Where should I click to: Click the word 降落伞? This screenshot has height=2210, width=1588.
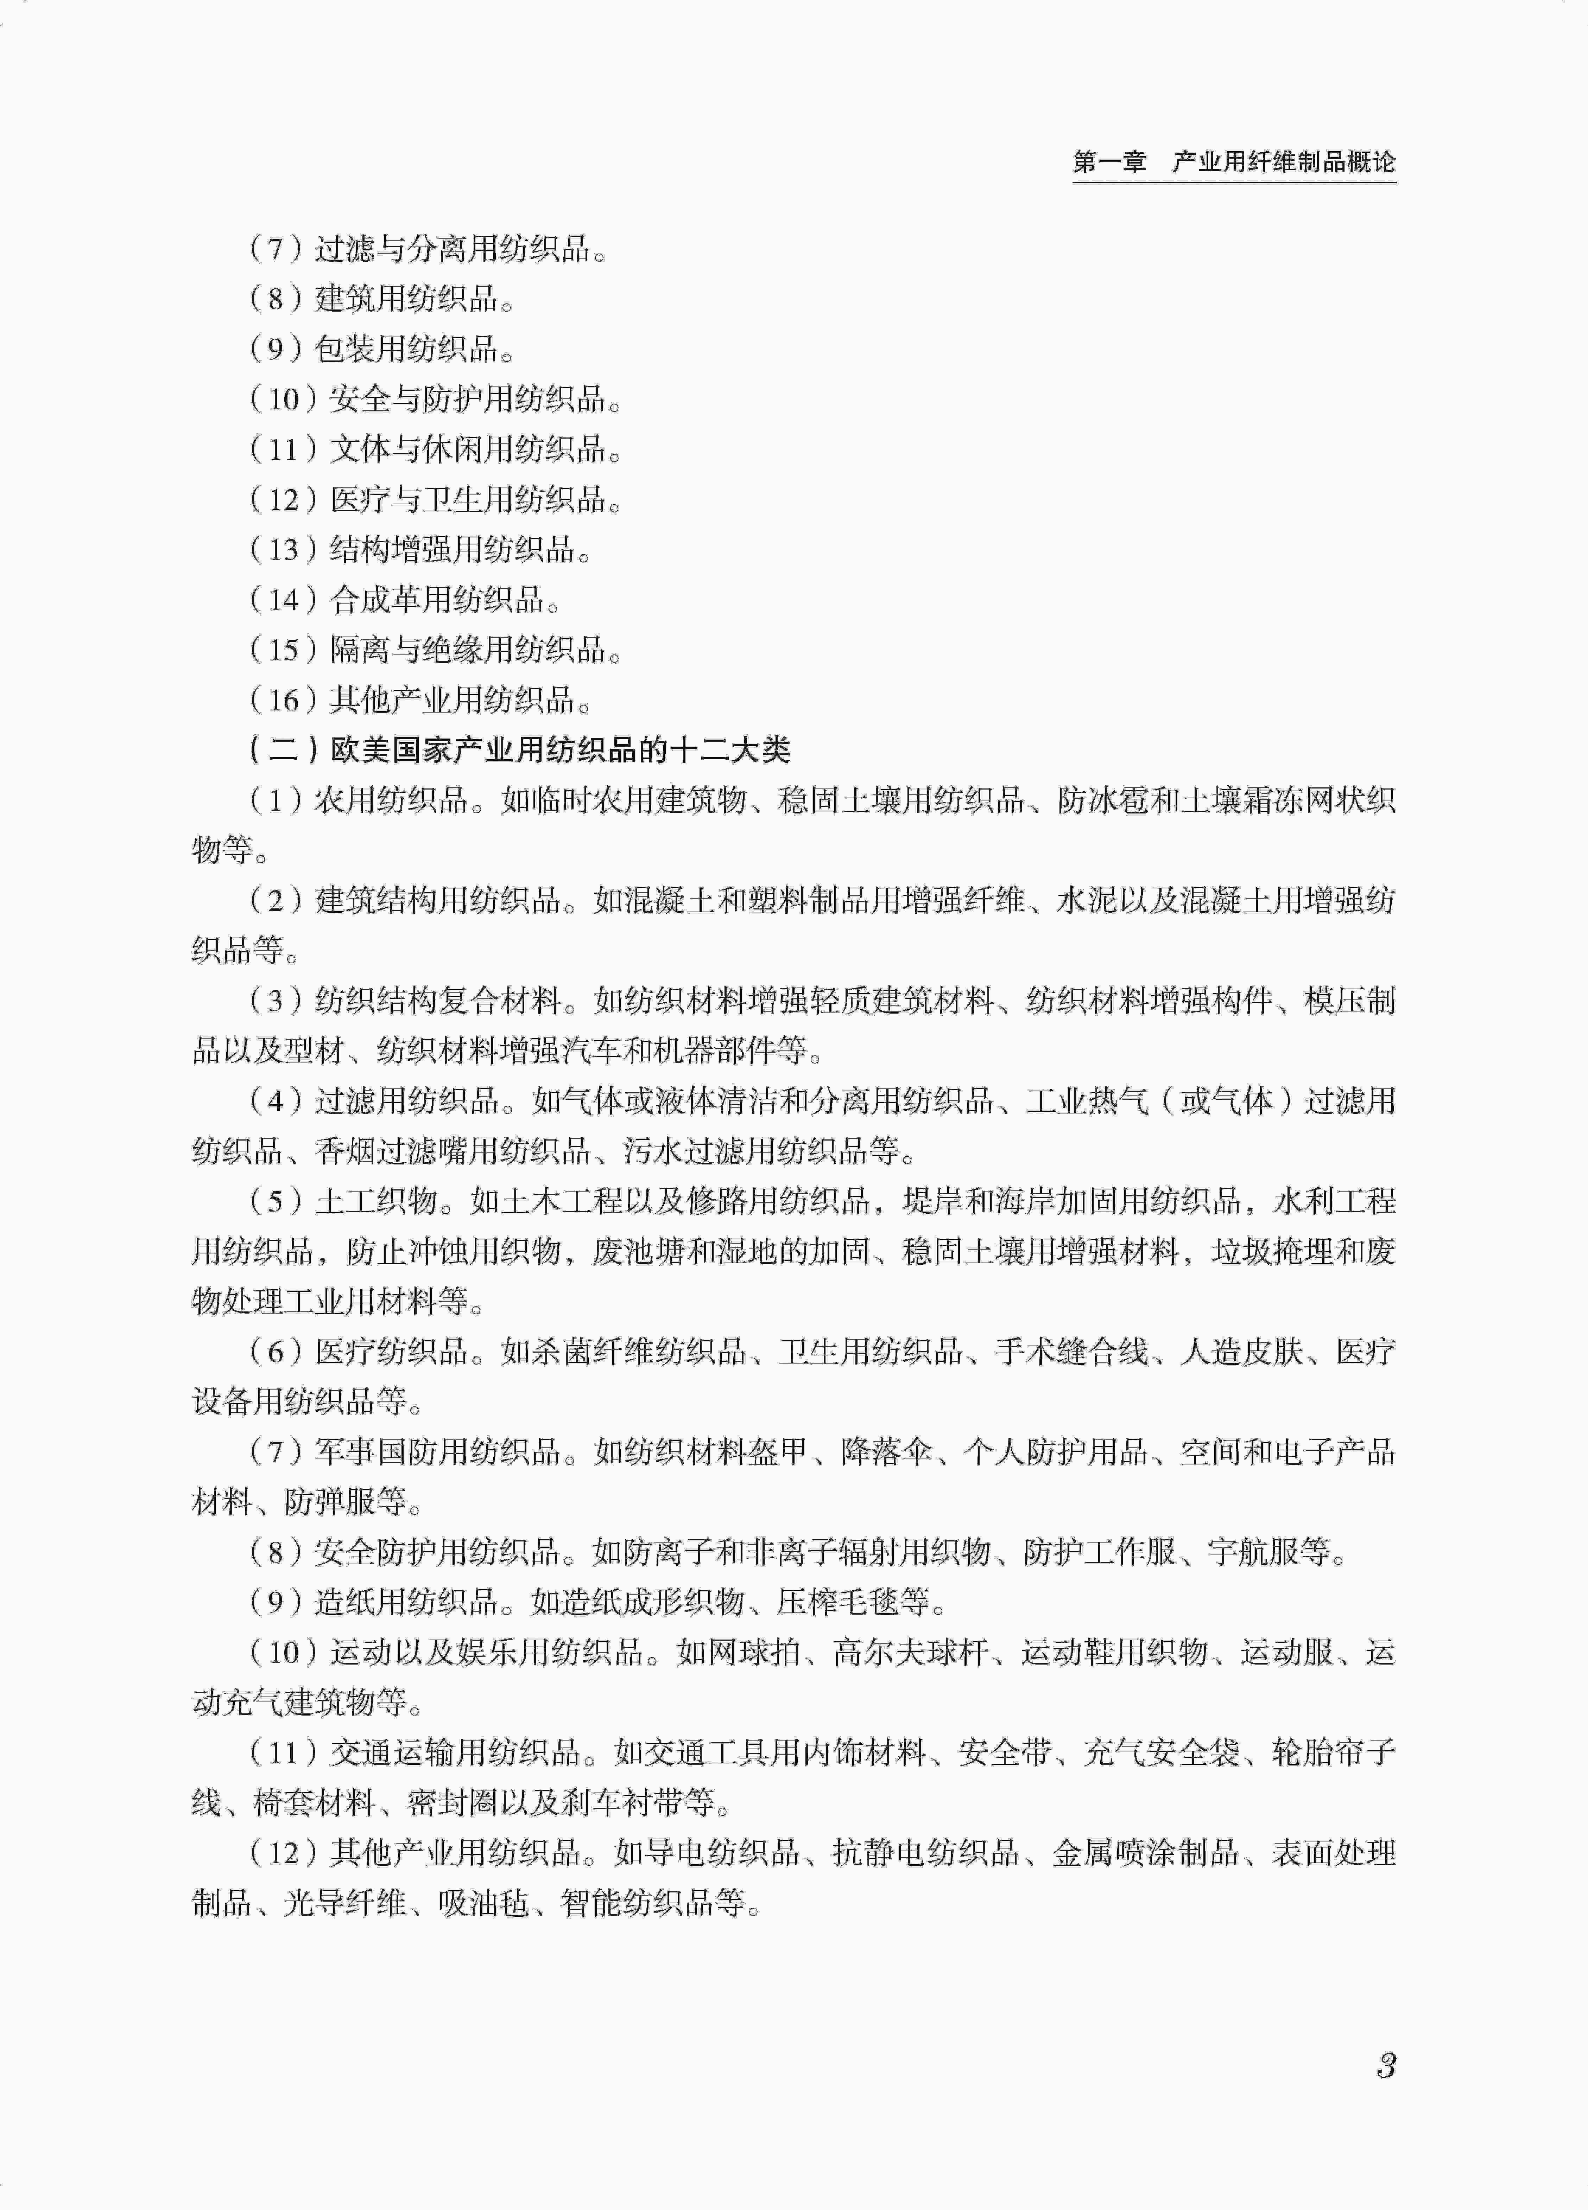click(x=887, y=1452)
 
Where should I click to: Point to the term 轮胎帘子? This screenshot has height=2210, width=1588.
click(x=1334, y=1753)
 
